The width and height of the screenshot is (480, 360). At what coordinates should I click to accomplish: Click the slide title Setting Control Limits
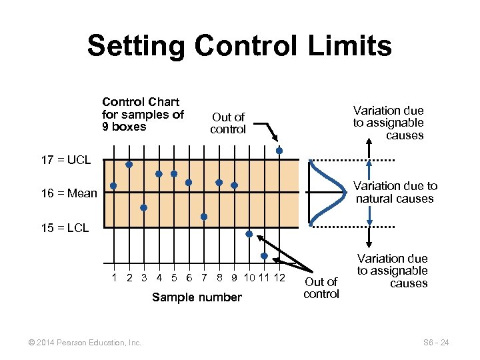239,46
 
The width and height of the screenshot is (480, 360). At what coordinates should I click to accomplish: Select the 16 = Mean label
69,194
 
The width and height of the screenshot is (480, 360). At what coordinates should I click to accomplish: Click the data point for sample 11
265,256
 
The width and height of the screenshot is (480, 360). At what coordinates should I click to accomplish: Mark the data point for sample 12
279,151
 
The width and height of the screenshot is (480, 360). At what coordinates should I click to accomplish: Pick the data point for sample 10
249,234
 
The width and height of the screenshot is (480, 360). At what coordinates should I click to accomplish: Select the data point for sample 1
113,186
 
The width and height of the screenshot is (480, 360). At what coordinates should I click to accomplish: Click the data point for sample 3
143,207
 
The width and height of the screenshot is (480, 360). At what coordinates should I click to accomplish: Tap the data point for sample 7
204,217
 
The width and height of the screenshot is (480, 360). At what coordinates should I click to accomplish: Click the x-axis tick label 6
189,277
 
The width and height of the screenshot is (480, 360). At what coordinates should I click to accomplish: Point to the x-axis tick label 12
279,277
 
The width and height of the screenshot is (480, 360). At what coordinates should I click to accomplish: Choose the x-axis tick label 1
114,277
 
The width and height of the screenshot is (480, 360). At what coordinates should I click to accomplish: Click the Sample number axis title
197,297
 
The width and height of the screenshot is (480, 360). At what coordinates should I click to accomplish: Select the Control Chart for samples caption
143,114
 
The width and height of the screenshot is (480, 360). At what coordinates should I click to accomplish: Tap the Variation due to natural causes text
395,192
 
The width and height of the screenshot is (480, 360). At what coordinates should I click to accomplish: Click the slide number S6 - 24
436,343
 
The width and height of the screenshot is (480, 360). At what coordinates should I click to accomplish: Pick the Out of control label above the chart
228,123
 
